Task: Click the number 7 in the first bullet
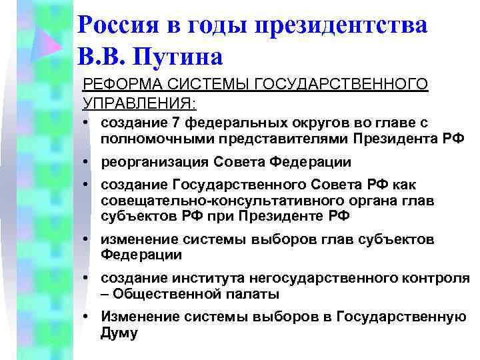pos(175,123)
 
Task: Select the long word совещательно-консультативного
pos(201,201)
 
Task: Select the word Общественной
pos(161,294)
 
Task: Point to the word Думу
pos(119,333)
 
